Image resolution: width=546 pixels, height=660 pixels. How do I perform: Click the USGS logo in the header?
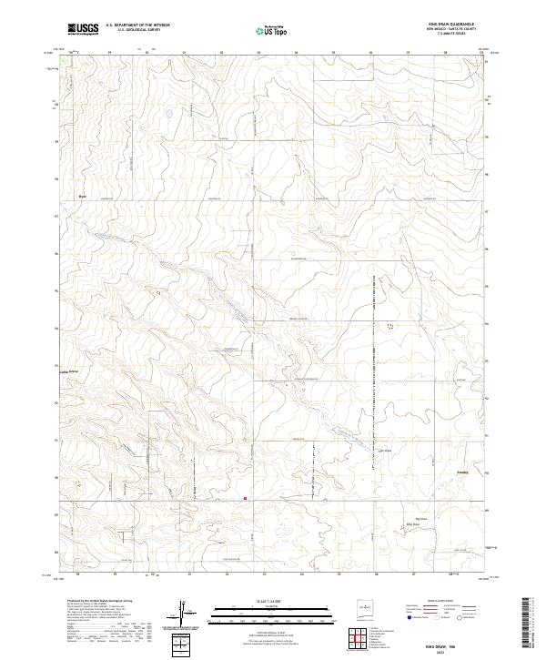tap(84, 29)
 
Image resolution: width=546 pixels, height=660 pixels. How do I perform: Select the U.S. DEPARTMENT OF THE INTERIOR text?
tap(137, 25)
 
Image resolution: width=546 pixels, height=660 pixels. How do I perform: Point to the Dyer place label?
tap(81, 196)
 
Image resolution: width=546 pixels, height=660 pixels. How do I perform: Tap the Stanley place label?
tap(462, 472)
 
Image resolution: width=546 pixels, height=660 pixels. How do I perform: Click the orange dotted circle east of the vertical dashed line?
tap(391, 325)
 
